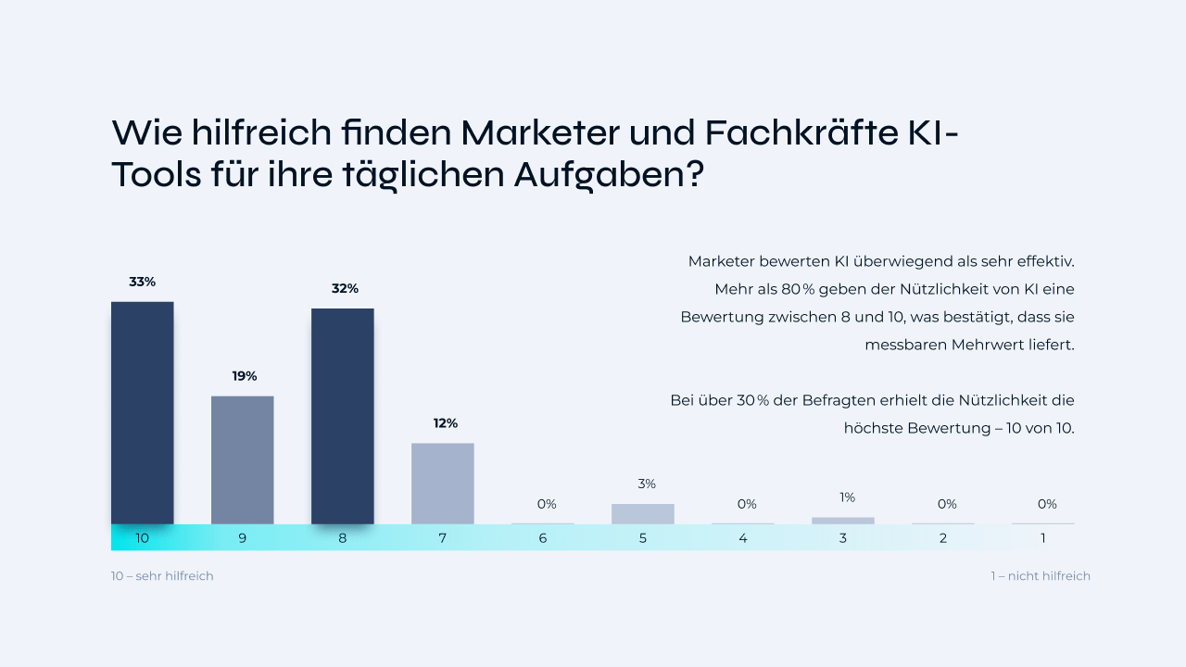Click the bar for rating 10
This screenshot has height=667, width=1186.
click(x=142, y=412)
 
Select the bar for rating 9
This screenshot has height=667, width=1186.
click(x=242, y=459)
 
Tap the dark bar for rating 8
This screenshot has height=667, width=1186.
click(x=342, y=416)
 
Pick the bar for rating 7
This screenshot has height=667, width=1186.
click(x=442, y=483)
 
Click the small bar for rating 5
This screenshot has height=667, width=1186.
click(x=642, y=514)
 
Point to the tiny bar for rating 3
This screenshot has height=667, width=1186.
click(x=842, y=521)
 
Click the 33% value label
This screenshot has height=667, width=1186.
click(x=142, y=282)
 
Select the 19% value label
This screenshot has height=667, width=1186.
click(x=245, y=376)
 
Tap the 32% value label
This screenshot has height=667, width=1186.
click(x=345, y=289)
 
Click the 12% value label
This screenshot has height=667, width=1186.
click(x=445, y=423)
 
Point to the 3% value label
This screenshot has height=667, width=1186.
click(x=646, y=484)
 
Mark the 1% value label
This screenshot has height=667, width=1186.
click(x=847, y=497)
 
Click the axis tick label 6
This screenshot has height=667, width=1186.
click(x=542, y=538)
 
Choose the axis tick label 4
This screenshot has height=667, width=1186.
click(x=742, y=538)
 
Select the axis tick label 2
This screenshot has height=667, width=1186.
click(x=942, y=538)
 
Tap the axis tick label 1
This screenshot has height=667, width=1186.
click(x=1042, y=538)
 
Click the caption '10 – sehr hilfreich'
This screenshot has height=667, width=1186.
click(x=162, y=576)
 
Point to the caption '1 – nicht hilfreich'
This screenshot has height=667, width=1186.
click(x=1040, y=576)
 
